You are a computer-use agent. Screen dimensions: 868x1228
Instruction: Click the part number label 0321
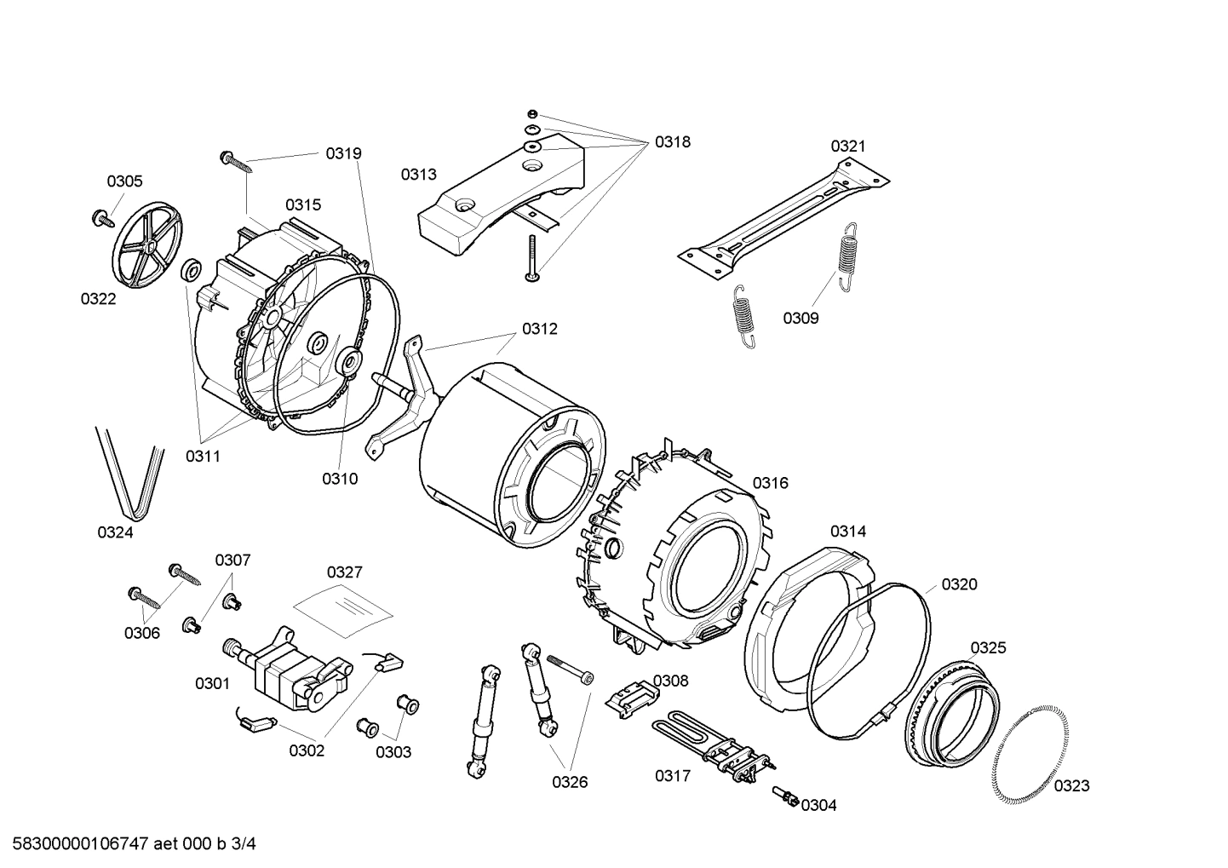click(847, 146)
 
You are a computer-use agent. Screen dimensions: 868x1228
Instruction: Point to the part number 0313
click(418, 175)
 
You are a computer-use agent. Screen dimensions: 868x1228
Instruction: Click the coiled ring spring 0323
click(1027, 756)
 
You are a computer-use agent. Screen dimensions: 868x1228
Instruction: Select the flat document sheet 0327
click(343, 608)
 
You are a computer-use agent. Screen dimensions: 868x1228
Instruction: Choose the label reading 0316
click(770, 483)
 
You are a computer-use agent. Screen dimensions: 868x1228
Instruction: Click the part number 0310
click(339, 479)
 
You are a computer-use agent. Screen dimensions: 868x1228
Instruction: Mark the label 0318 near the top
click(672, 142)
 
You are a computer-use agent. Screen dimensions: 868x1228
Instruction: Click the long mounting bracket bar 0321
click(783, 216)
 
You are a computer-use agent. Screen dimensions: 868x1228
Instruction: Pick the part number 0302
click(307, 750)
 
